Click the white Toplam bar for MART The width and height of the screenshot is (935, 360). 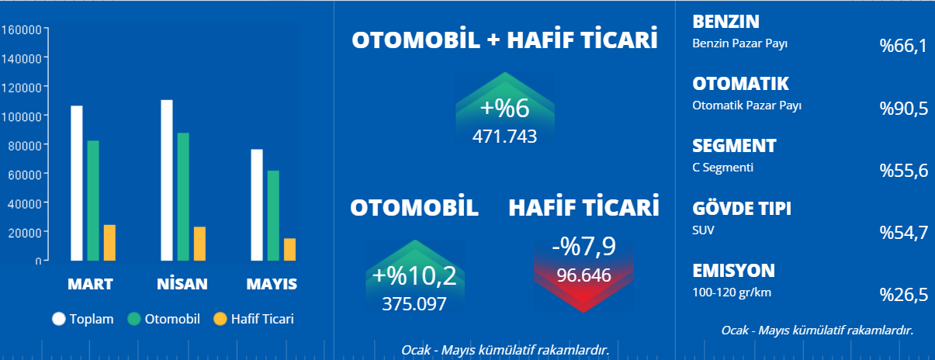[76, 183]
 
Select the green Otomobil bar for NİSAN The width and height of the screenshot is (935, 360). [183, 197]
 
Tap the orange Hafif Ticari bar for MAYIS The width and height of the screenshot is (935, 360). [289, 250]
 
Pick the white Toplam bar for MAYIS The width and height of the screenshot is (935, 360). [257, 205]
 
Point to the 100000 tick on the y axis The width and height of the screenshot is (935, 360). [46, 115]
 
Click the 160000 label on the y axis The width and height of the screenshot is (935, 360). [22, 29]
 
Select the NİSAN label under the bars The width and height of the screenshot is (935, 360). [182, 284]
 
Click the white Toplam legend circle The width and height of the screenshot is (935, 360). [59, 319]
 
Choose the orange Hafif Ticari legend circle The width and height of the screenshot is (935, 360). [220, 319]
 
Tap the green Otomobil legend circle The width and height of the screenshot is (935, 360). [134, 319]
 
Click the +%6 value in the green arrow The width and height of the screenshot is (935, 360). [504, 108]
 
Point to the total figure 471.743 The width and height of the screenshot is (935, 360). [504, 137]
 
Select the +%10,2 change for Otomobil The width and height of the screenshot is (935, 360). [414, 275]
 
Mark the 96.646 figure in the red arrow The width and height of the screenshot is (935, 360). [584, 275]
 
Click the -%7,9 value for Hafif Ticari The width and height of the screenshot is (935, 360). [584, 246]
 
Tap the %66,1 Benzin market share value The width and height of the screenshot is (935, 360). [904, 46]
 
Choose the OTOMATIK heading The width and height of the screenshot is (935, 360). [740, 84]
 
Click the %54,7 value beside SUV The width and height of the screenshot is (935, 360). [904, 233]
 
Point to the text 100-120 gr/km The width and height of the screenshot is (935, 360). [732, 292]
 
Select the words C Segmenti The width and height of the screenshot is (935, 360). [723, 168]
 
